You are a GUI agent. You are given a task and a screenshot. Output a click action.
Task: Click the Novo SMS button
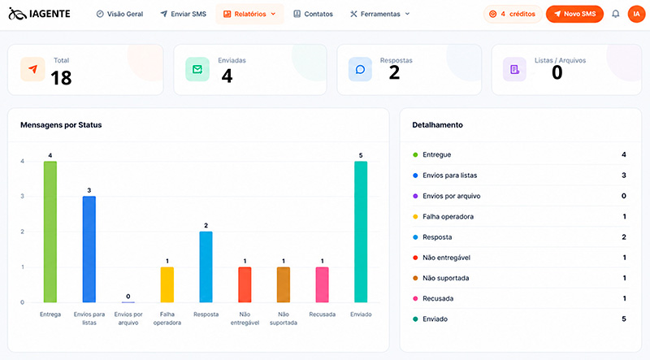574,14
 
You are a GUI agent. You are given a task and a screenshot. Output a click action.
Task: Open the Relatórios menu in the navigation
249,14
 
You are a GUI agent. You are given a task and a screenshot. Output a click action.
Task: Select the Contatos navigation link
313,14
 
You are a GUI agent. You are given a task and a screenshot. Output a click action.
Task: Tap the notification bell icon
616,14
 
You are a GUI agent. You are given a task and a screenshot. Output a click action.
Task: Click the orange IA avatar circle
636,14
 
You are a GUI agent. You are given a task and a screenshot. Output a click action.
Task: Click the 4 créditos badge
513,14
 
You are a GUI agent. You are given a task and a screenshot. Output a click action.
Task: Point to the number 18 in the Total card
61,78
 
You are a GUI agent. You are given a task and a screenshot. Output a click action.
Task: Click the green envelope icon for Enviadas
197,69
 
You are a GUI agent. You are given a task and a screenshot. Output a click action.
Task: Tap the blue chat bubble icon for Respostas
360,69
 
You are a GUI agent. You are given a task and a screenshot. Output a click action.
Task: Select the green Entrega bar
50,232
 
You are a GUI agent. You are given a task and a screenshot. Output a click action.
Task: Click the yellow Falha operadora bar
167,284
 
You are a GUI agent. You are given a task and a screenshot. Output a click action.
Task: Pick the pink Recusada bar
322,284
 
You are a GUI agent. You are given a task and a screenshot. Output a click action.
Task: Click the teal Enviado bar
361,232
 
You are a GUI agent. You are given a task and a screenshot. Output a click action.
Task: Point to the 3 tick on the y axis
23,196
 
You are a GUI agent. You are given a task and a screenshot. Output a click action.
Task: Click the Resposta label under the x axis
206,314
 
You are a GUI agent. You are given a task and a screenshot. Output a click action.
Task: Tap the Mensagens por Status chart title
61,125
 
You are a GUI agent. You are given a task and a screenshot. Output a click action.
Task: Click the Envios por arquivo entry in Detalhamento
452,196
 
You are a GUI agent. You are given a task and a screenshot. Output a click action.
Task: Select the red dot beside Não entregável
415,258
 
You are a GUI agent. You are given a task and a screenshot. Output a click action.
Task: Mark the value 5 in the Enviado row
624,319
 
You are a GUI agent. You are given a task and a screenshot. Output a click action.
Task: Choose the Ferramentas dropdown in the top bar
379,14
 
